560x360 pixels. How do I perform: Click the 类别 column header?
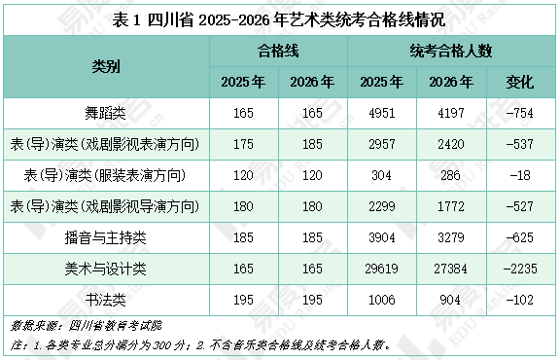(x=106, y=66)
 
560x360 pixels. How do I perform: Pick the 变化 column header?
(x=521, y=83)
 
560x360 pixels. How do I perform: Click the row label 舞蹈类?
(x=106, y=114)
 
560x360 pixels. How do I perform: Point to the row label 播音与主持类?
(x=106, y=236)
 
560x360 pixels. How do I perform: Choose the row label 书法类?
(x=106, y=298)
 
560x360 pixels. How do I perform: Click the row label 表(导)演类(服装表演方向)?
(x=106, y=175)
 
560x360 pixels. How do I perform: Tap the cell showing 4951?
(x=382, y=114)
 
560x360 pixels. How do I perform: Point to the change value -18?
(x=521, y=175)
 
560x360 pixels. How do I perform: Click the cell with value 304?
(x=382, y=175)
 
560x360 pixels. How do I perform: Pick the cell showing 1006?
(x=382, y=298)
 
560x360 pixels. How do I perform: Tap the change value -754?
(x=521, y=114)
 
